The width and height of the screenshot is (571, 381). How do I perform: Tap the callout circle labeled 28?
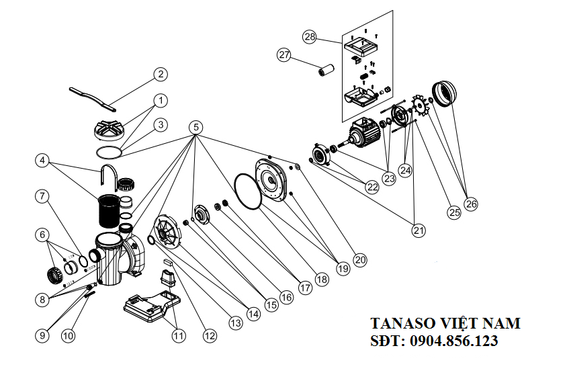pos(309,36)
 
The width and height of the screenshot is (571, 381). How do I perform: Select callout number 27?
pos(284,55)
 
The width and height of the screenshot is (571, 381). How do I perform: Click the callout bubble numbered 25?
pos(455,212)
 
